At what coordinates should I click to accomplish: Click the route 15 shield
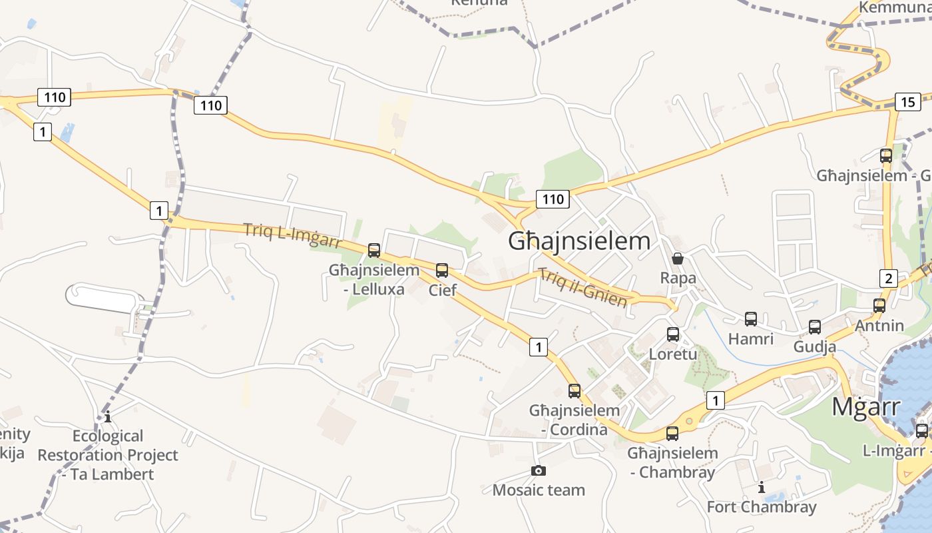(x=908, y=102)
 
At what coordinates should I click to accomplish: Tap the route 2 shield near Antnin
(x=888, y=278)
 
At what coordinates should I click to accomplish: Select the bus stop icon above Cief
(x=442, y=270)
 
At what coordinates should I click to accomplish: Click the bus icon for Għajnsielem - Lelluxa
(x=374, y=251)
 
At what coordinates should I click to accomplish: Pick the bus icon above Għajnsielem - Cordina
(x=575, y=391)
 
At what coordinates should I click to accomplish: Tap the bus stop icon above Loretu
(x=673, y=334)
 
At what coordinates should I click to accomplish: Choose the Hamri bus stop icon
(x=751, y=319)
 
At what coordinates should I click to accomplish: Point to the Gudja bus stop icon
(x=815, y=327)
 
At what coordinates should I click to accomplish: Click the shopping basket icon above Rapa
(x=678, y=259)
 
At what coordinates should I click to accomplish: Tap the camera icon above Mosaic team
(x=539, y=471)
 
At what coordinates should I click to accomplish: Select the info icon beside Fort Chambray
(x=762, y=488)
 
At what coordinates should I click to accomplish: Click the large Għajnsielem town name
(x=579, y=241)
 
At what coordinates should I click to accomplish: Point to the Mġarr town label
(x=866, y=406)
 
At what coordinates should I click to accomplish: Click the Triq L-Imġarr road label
(x=293, y=235)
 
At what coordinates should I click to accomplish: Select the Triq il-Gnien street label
(x=583, y=288)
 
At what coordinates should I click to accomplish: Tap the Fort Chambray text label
(x=762, y=507)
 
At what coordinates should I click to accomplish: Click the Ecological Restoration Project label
(x=108, y=455)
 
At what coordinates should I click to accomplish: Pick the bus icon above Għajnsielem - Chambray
(x=672, y=434)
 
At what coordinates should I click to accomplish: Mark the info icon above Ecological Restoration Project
(x=108, y=417)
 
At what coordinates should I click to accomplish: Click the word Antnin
(x=879, y=326)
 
